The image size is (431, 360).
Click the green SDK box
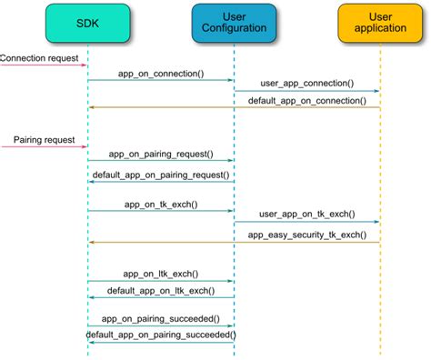point(88,23)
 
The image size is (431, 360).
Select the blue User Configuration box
point(234,23)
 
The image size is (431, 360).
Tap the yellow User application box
point(380,23)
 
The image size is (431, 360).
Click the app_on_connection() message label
point(161,73)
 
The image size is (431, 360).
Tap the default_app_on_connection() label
point(306,100)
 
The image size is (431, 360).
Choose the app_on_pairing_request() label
point(161,155)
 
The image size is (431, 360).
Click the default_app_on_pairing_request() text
point(161,174)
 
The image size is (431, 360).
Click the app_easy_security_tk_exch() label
point(306,235)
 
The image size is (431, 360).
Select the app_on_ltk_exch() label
point(161,274)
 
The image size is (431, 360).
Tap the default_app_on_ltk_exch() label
point(161,290)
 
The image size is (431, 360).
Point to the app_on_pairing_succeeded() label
point(161,318)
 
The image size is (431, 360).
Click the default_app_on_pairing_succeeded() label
point(161,335)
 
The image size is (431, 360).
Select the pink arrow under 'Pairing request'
point(44,147)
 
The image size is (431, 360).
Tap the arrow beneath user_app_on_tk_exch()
point(307,223)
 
